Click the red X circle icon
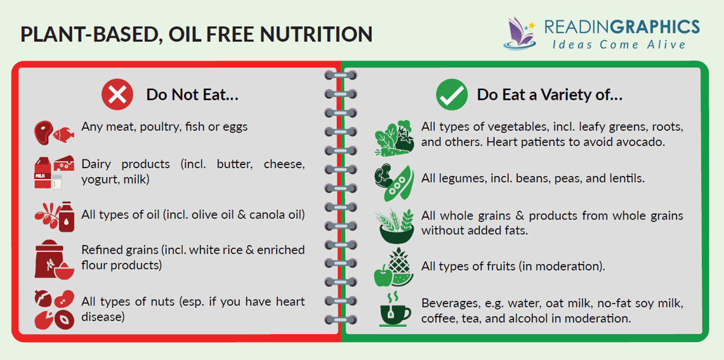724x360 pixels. pyautogui.click(x=117, y=95)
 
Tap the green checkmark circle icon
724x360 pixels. pyautogui.click(x=452, y=95)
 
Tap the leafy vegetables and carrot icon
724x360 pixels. pyautogui.click(x=395, y=135)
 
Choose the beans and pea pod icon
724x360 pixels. pyautogui.click(x=395, y=179)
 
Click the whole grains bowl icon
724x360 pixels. pyautogui.click(x=395, y=225)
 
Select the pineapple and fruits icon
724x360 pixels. pyautogui.click(x=395, y=267)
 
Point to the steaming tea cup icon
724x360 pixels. pyautogui.click(x=395, y=309)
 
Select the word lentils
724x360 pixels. pyautogui.click(x=624, y=178)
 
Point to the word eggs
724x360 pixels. pyautogui.click(x=234, y=126)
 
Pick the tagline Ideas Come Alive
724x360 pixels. pyautogui.click(x=619, y=45)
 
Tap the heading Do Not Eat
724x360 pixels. pyautogui.click(x=192, y=95)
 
